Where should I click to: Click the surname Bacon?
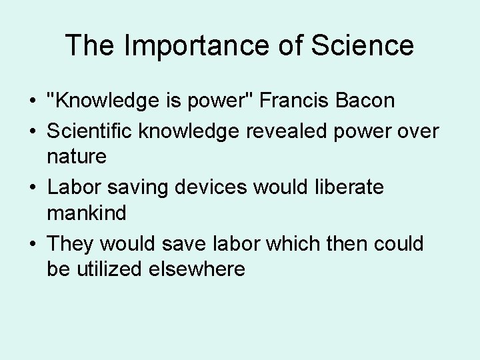365,101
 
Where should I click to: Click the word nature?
77,157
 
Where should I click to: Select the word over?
418,131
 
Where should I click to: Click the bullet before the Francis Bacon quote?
33,101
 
